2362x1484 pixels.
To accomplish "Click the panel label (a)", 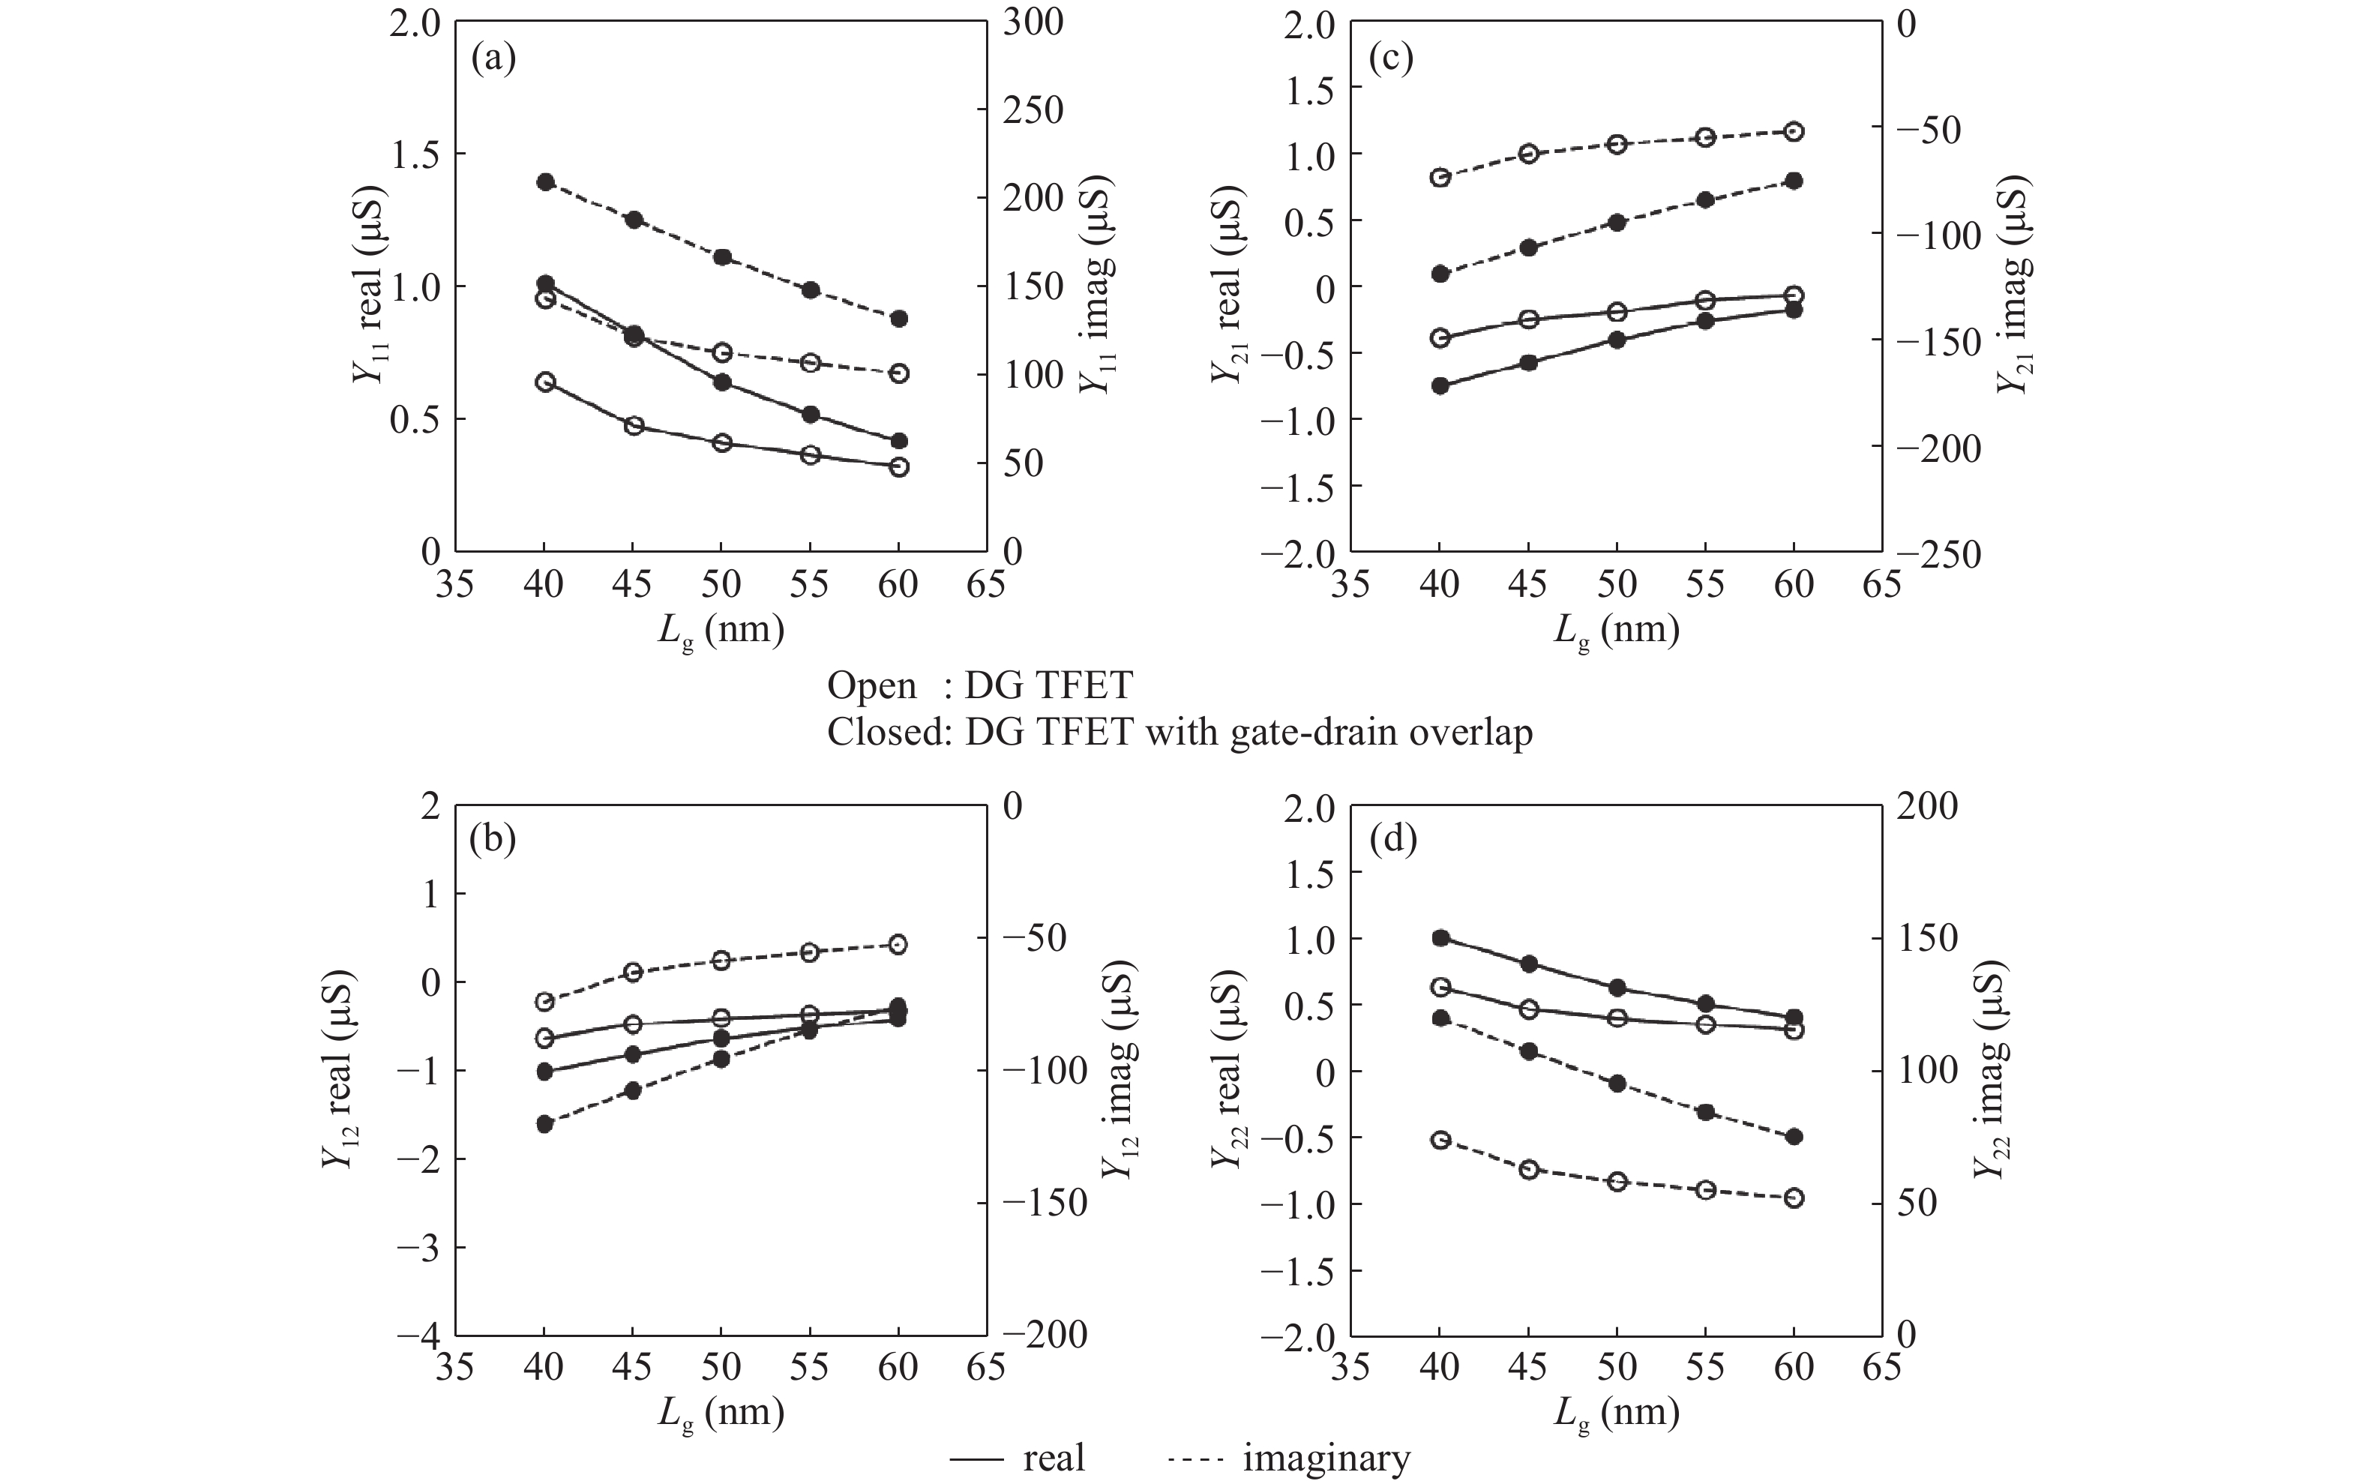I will (x=493, y=60).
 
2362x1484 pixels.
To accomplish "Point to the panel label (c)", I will (x=1391, y=60).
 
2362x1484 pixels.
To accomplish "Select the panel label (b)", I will (x=493, y=841).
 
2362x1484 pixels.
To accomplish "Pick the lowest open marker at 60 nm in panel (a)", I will (x=898, y=467).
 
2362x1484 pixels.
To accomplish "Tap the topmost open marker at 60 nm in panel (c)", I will (x=1794, y=131).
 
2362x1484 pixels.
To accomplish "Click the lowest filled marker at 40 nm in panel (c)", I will (x=1440, y=385).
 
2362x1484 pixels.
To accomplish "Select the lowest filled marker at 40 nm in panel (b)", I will (x=545, y=1124).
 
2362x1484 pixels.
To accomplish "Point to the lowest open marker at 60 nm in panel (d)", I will (x=1794, y=1198).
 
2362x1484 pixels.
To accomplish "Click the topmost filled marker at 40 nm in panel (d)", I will (x=1440, y=937).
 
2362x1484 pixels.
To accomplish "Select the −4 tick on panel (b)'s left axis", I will (x=420, y=1336).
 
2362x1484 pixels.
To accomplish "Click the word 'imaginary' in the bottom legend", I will (x=1326, y=1459).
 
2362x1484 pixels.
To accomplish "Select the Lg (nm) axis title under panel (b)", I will (x=721, y=1414).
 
